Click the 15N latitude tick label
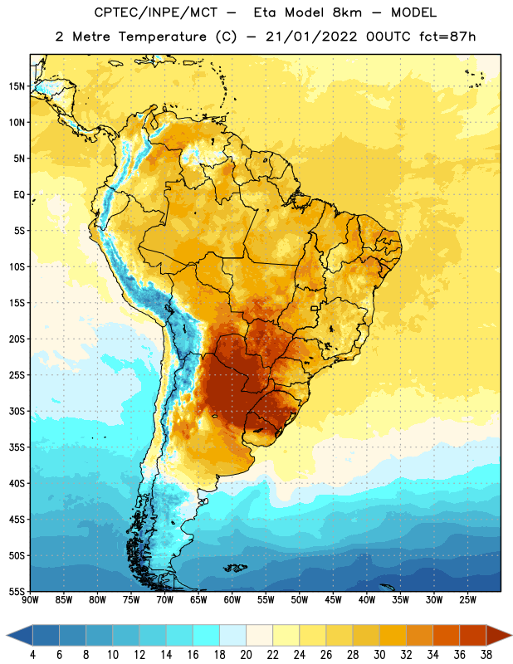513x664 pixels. tap(17, 86)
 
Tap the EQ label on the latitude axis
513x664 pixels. tap(19, 195)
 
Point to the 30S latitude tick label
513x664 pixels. tap(17, 411)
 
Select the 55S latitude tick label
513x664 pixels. tap(17, 591)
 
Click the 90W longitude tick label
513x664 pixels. tap(30, 599)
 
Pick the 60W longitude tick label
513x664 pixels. tap(232, 599)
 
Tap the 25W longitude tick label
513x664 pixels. tap(467, 599)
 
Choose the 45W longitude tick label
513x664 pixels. tap(333, 599)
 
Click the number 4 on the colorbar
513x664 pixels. tap(32, 655)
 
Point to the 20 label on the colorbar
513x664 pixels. tap(246, 655)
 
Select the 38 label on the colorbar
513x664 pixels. tap(486, 655)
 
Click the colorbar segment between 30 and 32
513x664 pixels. tap(393, 636)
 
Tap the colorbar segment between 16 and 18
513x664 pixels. tap(206, 636)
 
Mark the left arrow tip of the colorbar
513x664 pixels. tap(7, 636)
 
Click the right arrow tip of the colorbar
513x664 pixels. tap(511, 636)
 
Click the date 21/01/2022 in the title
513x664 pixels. tap(311, 37)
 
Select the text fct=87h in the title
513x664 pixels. tap(447, 37)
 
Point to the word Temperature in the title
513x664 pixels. tap(162, 37)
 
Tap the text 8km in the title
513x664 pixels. tap(347, 12)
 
